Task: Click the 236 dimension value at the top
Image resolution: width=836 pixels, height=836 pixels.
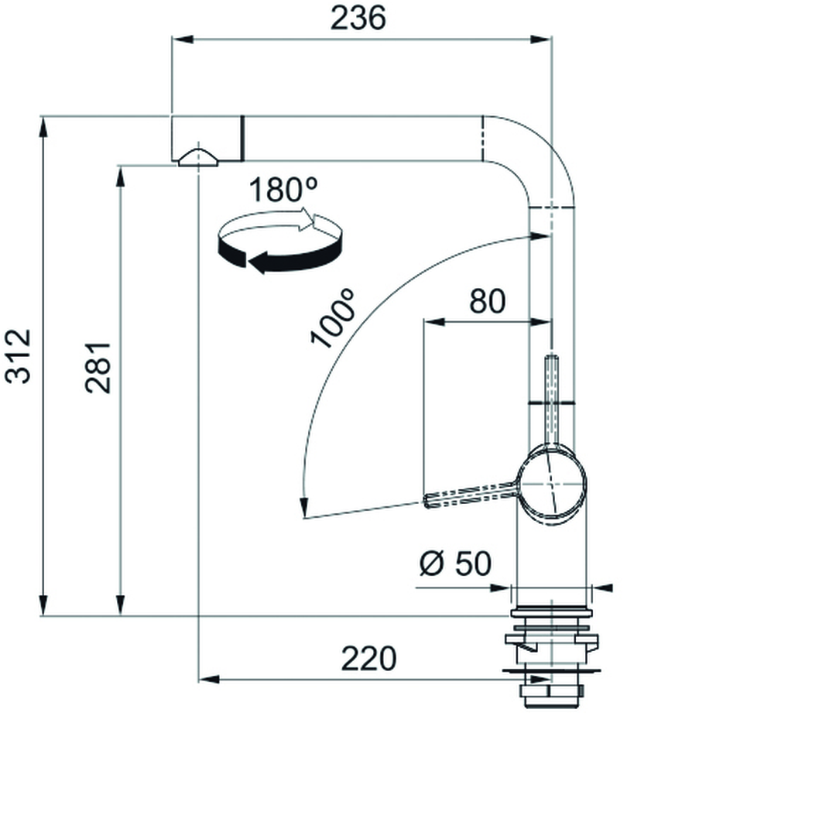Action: pyautogui.click(x=358, y=18)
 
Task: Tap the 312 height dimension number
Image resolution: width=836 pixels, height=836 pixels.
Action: pyautogui.click(x=18, y=356)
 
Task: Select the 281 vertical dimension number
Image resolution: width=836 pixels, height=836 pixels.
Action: pyautogui.click(x=98, y=368)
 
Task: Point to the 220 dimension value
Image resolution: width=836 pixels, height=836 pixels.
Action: pyautogui.click(x=368, y=659)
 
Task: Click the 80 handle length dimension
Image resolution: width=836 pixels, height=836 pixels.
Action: pyautogui.click(x=488, y=301)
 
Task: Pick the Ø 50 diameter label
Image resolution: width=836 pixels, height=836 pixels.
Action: pyautogui.click(x=455, y=563)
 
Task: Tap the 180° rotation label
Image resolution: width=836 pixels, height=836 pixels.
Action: pyautogui.click(x=283, y=190)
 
